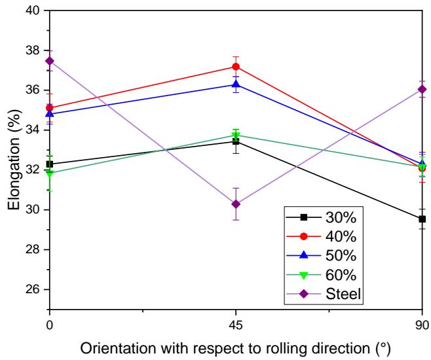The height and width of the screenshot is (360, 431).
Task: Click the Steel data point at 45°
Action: pos(236,204)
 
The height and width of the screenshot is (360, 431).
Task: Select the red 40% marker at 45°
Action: pos(236,66)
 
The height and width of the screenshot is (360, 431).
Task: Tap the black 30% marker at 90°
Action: pos(422,219)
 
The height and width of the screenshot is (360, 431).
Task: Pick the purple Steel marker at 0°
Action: pos(50,61)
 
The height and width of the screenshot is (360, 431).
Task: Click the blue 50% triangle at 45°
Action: pos(236,84)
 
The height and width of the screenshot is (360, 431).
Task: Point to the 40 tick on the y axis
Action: pos(32,10)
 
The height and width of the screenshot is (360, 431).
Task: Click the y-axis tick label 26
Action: pos(32,289)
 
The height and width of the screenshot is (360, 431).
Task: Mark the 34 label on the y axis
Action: pos(32,130)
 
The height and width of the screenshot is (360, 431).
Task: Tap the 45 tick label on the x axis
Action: pos(236,322)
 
